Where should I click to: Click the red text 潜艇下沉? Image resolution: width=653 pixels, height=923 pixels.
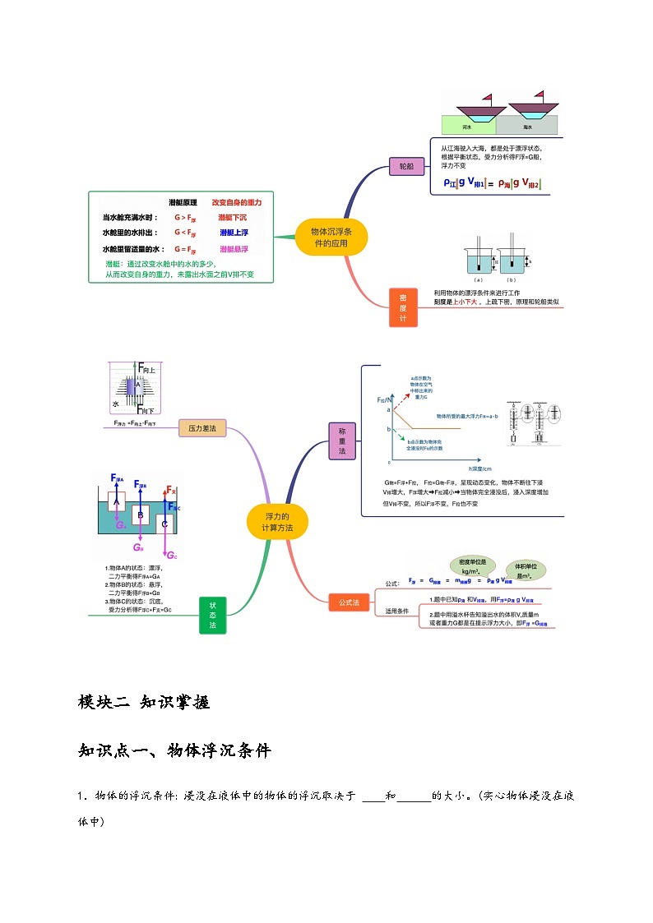(x=233, y=218)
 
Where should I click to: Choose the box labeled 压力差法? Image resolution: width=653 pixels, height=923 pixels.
(x=202, y=428)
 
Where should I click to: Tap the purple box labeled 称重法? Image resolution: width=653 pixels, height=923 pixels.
(x=342, y=441)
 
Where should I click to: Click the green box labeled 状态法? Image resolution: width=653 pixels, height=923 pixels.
(x=212, y=615)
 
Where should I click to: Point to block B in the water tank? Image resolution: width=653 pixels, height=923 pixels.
(x=141, y=515)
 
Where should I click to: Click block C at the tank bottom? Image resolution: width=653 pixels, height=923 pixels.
(x=165, y=524)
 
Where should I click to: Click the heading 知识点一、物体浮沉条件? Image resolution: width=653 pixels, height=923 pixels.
(x=174, y=750)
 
